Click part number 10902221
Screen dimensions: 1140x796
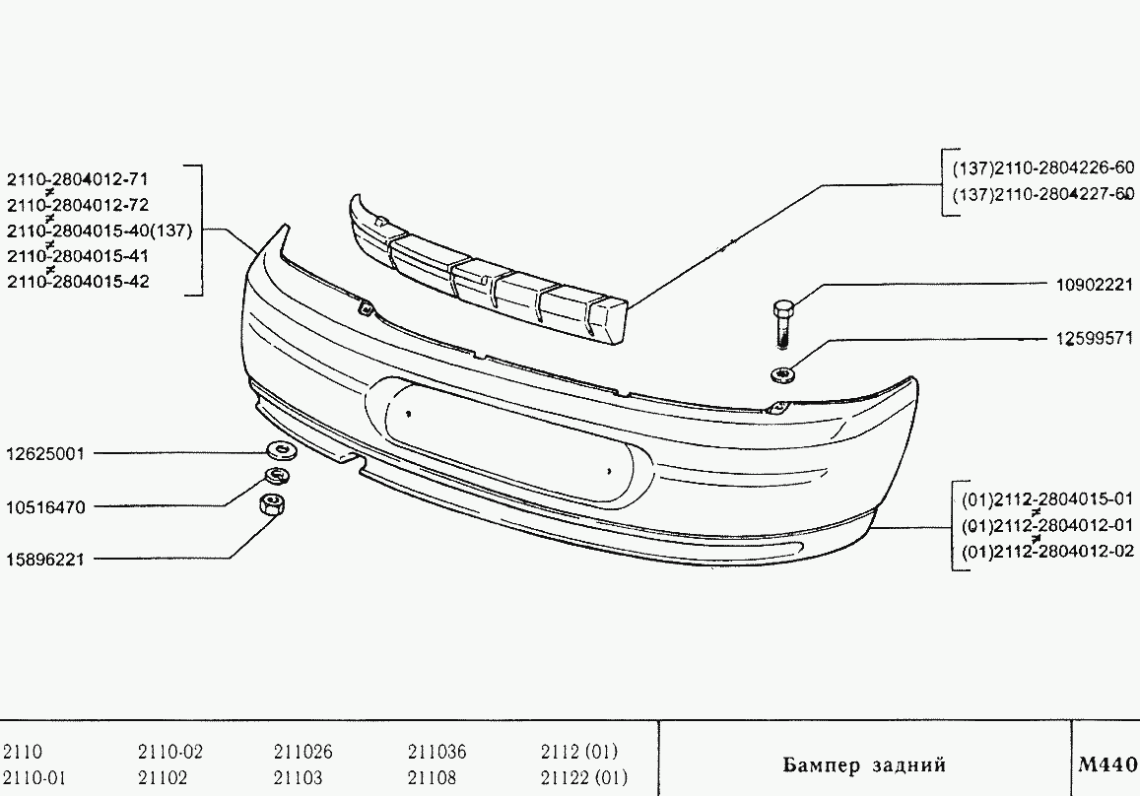1095,285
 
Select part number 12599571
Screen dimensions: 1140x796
1095,339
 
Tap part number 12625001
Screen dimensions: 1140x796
45,453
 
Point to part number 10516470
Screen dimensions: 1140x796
45,507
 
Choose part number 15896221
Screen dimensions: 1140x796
45,560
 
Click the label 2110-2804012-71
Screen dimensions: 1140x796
78,179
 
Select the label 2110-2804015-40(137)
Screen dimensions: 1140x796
100,232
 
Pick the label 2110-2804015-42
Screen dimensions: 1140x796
78,282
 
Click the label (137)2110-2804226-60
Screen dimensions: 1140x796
1043,167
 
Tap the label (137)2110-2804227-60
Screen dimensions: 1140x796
1043,194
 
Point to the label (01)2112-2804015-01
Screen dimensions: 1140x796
1047,499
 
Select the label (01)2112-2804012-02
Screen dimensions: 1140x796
1047,551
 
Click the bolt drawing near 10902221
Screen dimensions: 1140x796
782,323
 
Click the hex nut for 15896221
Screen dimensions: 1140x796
272,503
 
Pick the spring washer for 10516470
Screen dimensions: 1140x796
276,477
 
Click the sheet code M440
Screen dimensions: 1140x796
1107,764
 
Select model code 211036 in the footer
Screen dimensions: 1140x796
436,751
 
